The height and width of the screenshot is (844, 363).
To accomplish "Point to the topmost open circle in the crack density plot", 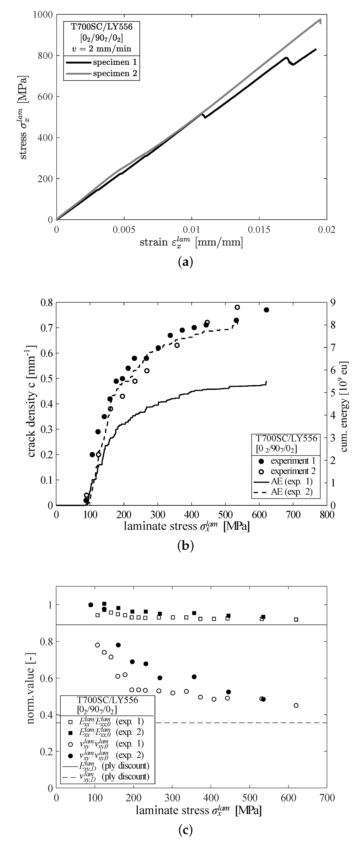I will pos(237,307).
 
